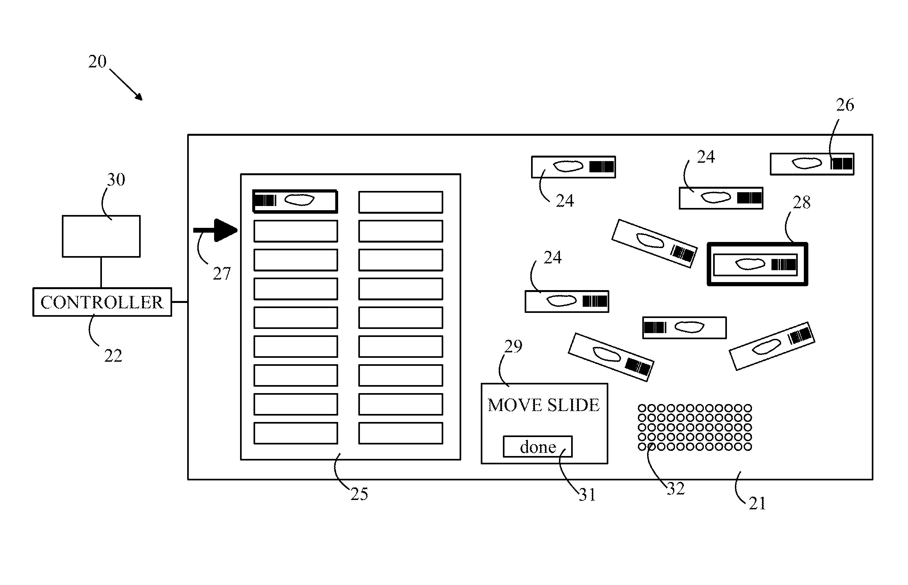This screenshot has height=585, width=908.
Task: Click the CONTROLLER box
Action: pyautogui.click(x=102, y=302)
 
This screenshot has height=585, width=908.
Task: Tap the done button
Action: pyautogui.click(x=537, y=447)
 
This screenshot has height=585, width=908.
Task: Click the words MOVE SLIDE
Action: pyautogui.click(x=543, y=405)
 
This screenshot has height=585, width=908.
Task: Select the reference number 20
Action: pyautogui.click(x=97, y=62)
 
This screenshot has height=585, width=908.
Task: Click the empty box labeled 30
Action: pyautogui.click(x=101, y=236)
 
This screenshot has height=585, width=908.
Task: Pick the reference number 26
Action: pyautogui.click(x=845, y=105)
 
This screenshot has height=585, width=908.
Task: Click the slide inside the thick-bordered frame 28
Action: pyautogui.click(x=755, y=264)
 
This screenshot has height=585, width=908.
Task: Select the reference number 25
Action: pyautogui.click(x=359, y=494)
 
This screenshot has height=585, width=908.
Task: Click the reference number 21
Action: pyautogui.click(x=757, y=503)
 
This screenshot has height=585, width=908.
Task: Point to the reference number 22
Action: pyautogui.click(x=113, y=356)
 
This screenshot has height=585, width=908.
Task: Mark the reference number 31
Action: pyautogui.click(x=587, y=495)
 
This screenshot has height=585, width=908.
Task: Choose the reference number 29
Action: pyautogui.click(x=513, y=346)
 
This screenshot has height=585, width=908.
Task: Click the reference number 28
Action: pyautogui.click(x=801, y=202)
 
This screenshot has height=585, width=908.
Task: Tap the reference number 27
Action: pyautogui.click(x=221, y=273)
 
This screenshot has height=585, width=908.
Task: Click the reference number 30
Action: pyautogui.click(x=116, y=179)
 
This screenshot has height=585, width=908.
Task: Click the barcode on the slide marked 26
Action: pyautogui.click(x=842, y=164)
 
